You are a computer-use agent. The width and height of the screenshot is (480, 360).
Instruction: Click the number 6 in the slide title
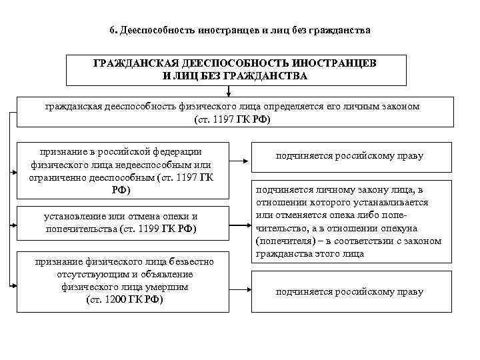tap(112, 31)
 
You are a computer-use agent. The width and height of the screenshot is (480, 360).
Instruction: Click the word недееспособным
tap(139, 165)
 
